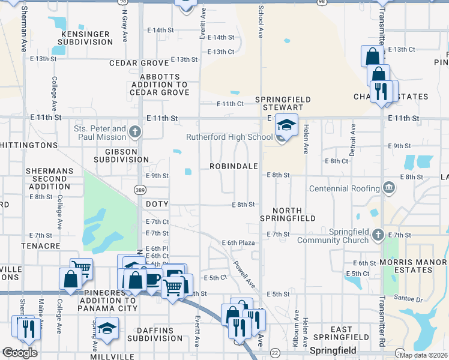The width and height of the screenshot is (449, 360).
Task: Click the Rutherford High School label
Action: click(x=229, y=137)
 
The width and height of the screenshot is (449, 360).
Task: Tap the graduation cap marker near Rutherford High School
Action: click(x=287, y=125)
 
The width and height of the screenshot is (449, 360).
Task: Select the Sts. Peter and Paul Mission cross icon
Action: click(x=136, y=131)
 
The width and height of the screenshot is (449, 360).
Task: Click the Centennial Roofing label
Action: click(x=344, y=188)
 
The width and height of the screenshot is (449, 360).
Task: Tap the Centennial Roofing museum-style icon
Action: click(x=388, y=188)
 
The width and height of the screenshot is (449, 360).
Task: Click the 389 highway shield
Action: click(x=138, y=189)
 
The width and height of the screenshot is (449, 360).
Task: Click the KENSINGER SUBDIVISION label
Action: click(x=83, y=38)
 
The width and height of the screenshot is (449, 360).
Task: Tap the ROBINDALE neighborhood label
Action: click(x=234, y=166)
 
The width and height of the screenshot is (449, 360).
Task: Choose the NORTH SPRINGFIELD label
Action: click(x=294, y=214)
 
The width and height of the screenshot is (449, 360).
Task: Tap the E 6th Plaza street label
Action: click(x=240, y=242)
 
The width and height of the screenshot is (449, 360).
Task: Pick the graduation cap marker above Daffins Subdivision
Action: click(x=107, y=328)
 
